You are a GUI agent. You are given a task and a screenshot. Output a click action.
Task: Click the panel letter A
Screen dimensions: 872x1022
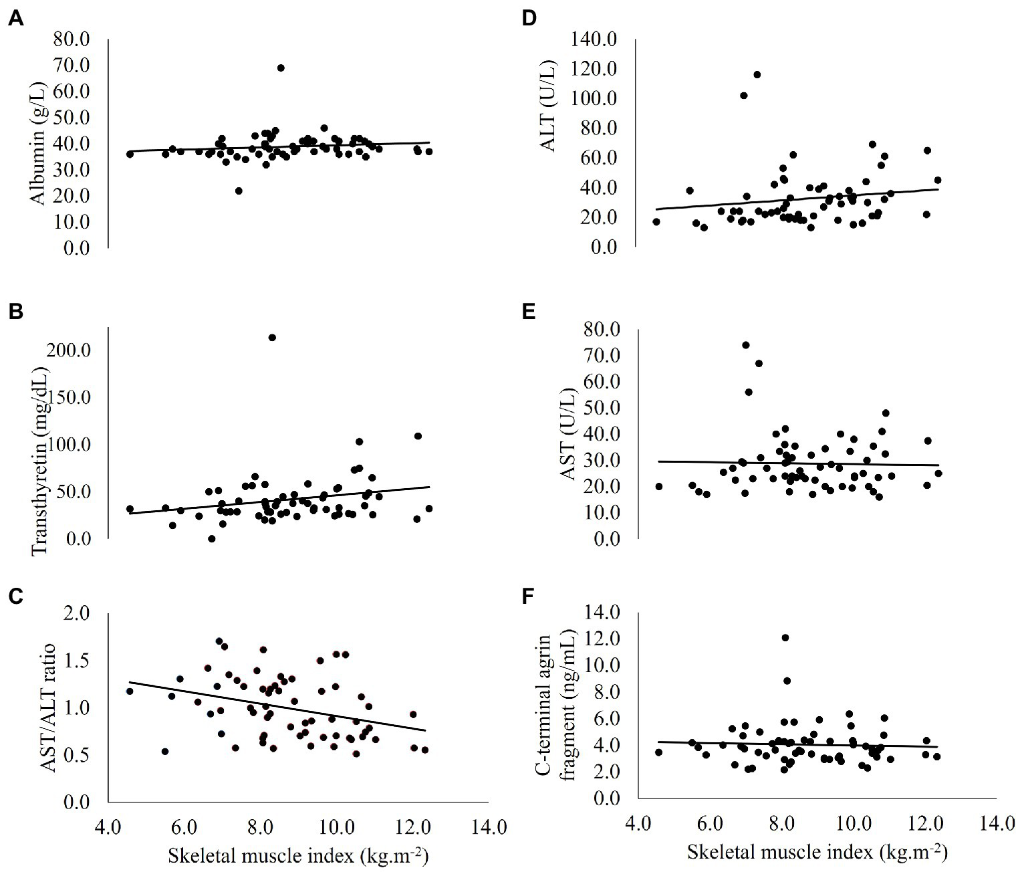[17, 19]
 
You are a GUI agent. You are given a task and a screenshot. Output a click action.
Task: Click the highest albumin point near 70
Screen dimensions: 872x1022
[281, 68]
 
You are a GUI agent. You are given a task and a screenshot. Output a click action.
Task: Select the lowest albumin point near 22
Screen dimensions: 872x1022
[239, 191]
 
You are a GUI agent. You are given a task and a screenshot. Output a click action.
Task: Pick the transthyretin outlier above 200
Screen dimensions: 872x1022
[272, 337]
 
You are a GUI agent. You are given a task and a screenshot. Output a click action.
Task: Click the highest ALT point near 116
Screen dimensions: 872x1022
[757, 74]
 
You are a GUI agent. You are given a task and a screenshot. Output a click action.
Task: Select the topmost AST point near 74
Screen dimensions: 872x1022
[746, 345]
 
